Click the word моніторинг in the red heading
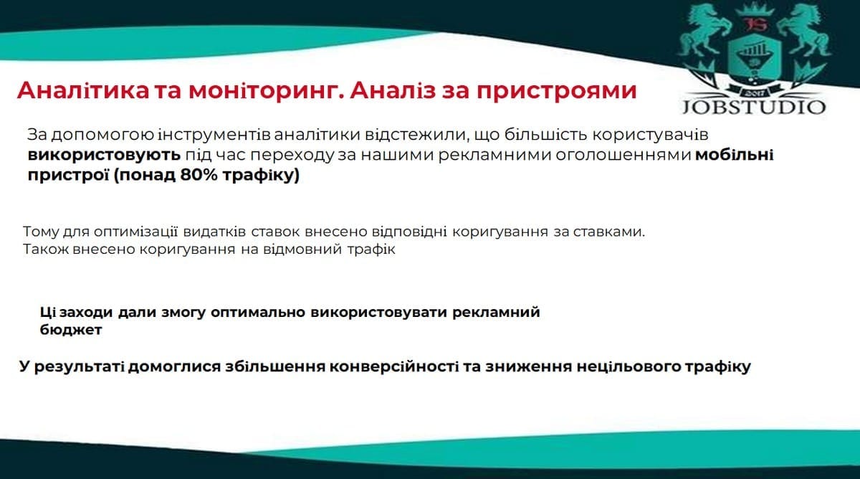click(264, 91)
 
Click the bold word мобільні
click(735, 155)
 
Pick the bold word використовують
click(104, 155)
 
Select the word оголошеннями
click(623, 156)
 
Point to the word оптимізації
click(135, 232)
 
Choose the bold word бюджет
click(71, 330)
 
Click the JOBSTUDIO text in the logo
click(754, 107)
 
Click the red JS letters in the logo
click(753, 24)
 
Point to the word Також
click(46, 250)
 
